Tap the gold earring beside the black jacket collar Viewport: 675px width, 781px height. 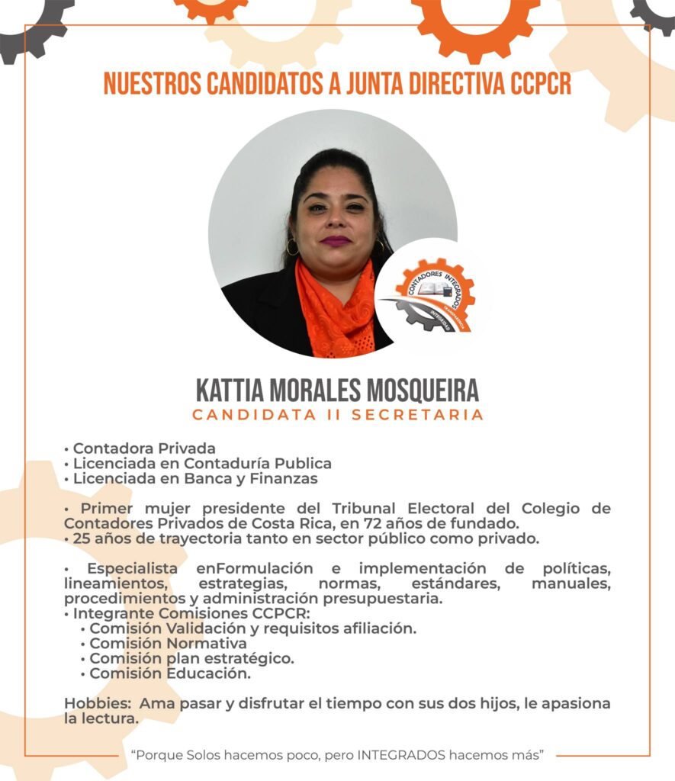(x=292, y=247)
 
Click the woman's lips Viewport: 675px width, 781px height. (x=336, y=241)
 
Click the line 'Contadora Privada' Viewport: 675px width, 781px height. (x=144, y=448)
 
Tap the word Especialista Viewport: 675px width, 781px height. (x=133, y=569)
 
